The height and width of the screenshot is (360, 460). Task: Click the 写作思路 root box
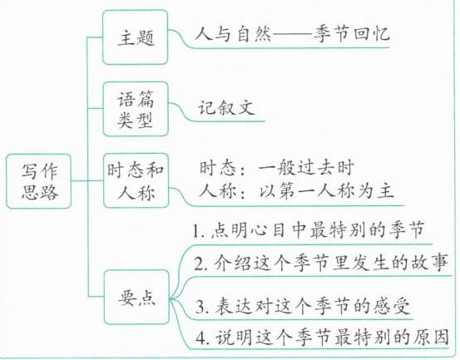click(39, 181)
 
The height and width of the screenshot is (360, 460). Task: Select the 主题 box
click(136, 37)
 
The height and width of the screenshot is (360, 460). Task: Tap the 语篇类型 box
click(136, 109)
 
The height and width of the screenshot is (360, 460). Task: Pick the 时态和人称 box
click(136, 180)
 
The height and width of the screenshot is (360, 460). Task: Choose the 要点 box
click(136, 298)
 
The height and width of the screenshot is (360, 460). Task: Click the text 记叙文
click(226, 107)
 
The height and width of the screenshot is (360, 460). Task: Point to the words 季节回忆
click(352, 34)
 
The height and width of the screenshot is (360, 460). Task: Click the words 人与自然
click(233, 34)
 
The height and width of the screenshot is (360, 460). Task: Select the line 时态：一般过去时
click(277, 168)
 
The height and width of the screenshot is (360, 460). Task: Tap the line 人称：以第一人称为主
click(297, 191)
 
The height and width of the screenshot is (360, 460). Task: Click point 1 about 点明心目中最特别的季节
click(309, 229)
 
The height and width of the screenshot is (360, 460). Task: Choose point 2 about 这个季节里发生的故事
click(321, 262)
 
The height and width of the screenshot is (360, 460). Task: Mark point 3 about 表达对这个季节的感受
click(303, 307)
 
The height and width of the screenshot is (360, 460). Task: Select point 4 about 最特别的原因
click(323, 338)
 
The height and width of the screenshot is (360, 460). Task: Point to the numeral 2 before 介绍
click(199, 263)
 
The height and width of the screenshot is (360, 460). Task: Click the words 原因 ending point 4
click(431, 338)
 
